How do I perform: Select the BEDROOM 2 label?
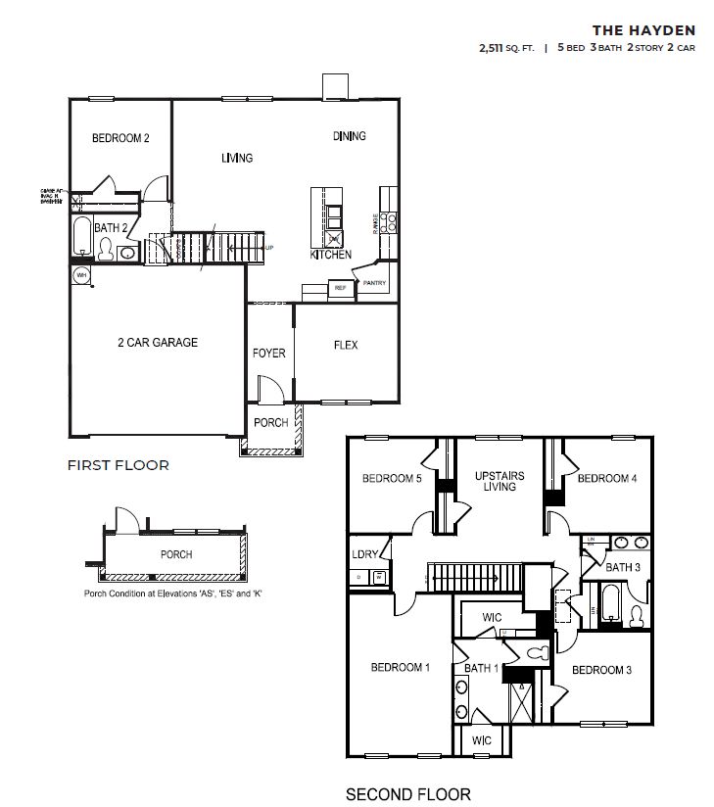[x=120, y=139]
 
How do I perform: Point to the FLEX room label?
[x=346, y=346]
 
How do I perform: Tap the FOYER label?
[x=268, y=353]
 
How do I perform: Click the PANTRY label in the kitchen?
[x=374, y=284]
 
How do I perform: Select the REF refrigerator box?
[x=341, y=289]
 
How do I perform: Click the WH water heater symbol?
[x=81, y=276]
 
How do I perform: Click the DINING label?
[x=349, y=136]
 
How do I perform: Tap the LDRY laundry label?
[x=364, y=555]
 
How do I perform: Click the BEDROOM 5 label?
[x=392, y=479]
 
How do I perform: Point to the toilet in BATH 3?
[x=636, y=615]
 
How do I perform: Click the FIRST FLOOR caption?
[x=118, y=465]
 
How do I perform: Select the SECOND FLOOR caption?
[x=408, y=794]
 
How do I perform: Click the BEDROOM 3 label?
[x=601, y=670]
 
